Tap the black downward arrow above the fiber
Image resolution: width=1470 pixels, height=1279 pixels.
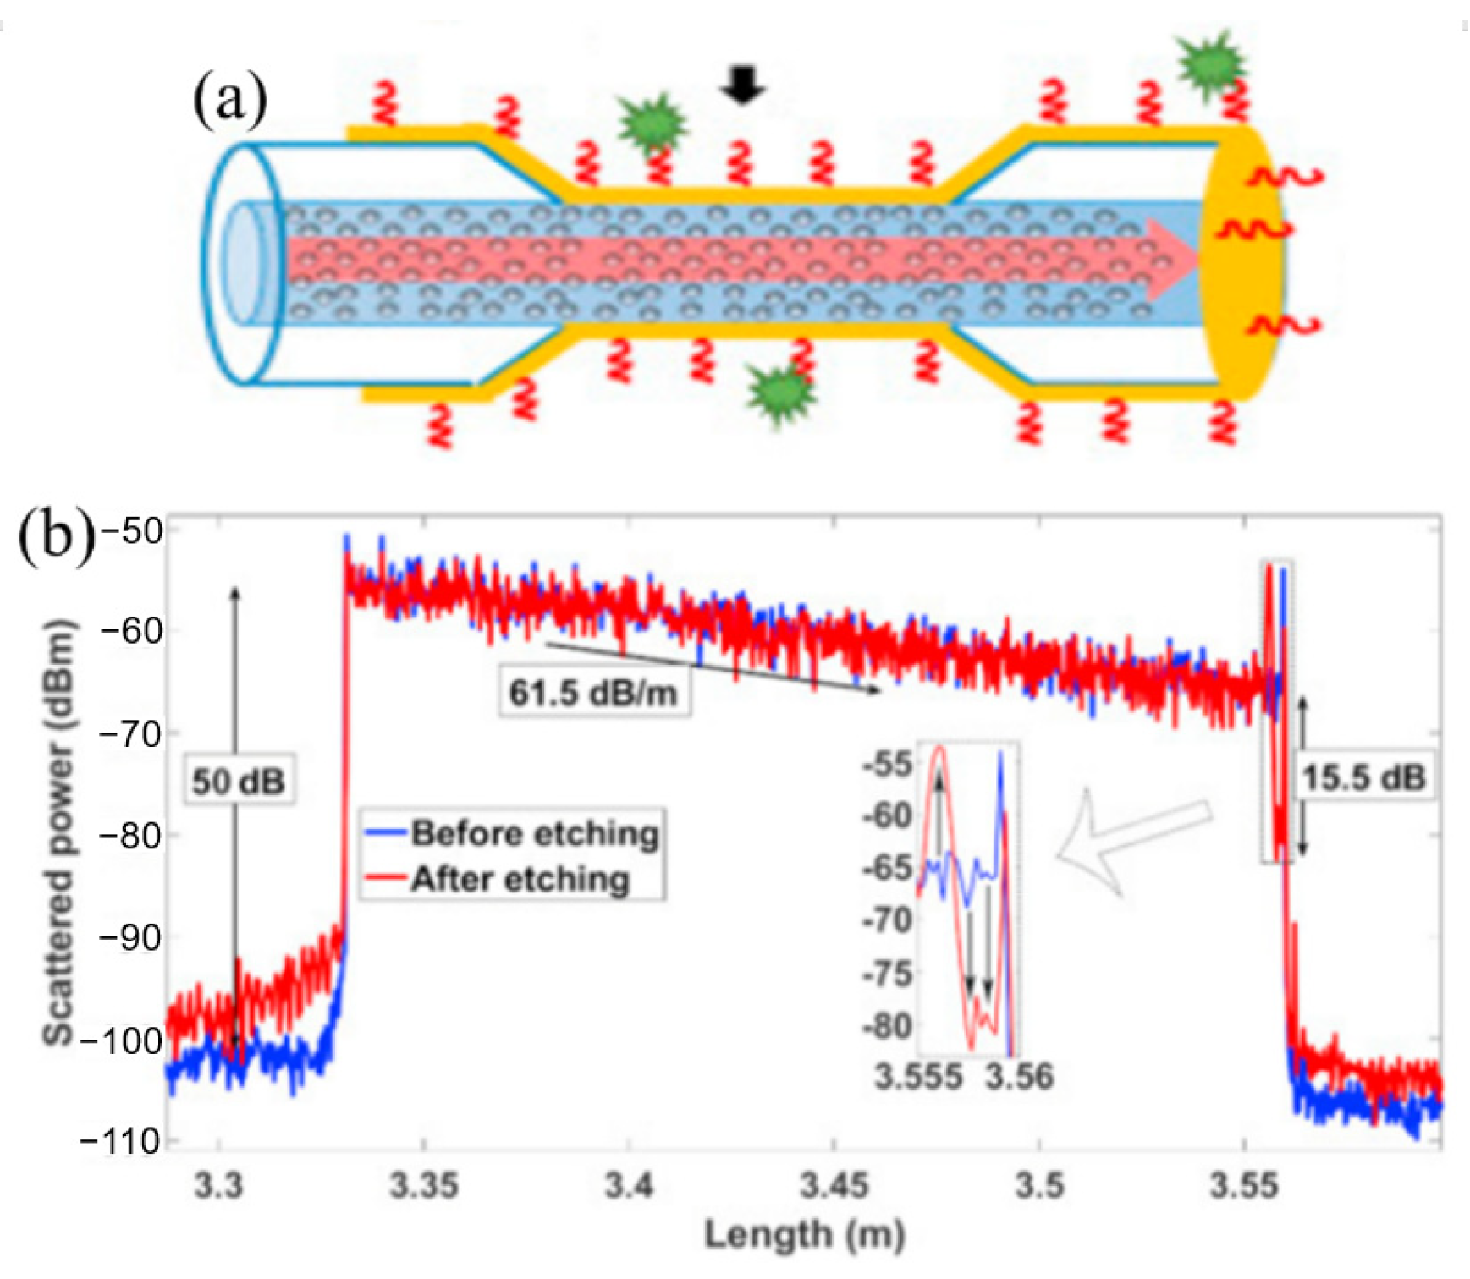click(x=743, y=85)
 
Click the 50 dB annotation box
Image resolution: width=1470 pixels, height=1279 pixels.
click(x=239, y=780)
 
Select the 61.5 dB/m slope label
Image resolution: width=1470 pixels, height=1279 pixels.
click(x=593, y=693)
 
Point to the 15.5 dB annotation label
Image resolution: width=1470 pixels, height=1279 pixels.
click(x=1363, y=777)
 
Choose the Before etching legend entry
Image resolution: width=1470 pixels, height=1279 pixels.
click(x=534, y=833)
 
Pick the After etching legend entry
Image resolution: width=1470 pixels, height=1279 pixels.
click(x=520, y=879)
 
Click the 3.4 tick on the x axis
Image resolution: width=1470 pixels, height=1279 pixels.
click(x=629, y=1185)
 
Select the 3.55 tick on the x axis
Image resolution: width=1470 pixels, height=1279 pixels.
click(x=1243, y=1185)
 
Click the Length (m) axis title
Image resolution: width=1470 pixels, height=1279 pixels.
click(x=804, y=1235)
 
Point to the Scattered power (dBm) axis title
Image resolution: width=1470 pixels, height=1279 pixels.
click(x=59, y=833)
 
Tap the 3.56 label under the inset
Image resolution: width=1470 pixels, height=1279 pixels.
click(x=1019, y=1077)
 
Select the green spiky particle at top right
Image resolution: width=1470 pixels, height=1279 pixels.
click(x=1213, y=63)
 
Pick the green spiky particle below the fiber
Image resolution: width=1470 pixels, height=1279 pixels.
click(x=780, y=392)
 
